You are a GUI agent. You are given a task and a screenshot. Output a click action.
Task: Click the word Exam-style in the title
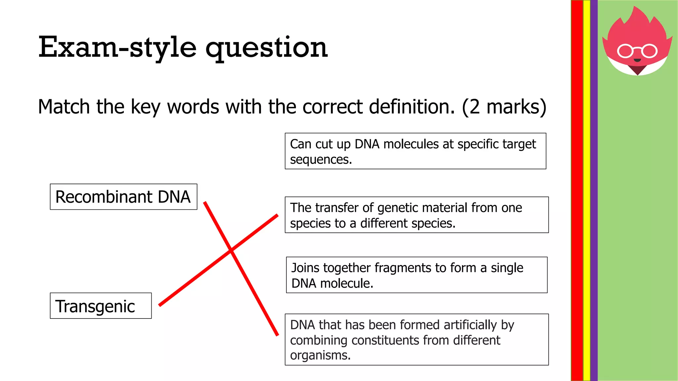coord(118,47)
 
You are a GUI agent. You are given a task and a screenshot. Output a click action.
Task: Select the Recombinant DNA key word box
coord(123,197)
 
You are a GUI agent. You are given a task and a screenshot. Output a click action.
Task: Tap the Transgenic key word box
coord(101,306)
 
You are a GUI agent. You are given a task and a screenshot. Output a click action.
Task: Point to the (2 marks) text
coord(504,107)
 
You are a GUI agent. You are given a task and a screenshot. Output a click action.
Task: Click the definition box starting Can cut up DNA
coord(415,151)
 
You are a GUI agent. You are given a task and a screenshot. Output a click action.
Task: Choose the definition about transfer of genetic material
coord(416,215)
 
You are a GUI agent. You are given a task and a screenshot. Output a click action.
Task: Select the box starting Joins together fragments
coord(416,275)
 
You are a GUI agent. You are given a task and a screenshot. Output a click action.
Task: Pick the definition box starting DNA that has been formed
coord(416,340)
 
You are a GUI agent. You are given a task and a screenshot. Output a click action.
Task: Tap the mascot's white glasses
coord(637,51)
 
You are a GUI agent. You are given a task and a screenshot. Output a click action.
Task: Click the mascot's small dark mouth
coord(637,61)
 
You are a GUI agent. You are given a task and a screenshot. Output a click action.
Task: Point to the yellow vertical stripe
coord(587,190)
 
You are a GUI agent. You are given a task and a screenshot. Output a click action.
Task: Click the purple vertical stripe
coord(594,190)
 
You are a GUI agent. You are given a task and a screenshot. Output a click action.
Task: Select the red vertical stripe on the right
coord(577,190)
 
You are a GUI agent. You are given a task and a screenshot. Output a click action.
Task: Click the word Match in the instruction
coord(64,107)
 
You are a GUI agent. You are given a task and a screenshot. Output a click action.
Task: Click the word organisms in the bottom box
coord(320,356)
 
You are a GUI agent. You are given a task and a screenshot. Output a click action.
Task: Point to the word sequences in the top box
coord(320,160)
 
